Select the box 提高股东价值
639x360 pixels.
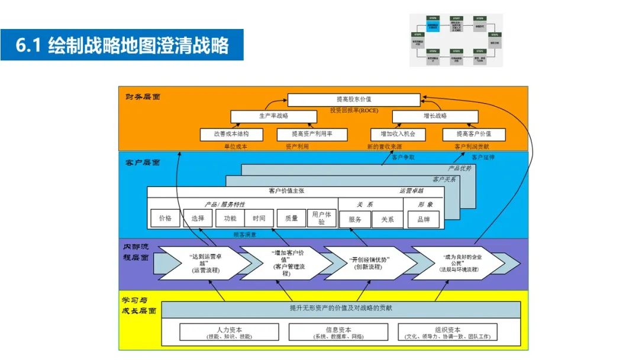tap(354, 99)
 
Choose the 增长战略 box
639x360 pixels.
tap(435, 116)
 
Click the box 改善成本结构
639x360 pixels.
tap(231, 134)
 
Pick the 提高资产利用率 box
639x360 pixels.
tap(312, 134)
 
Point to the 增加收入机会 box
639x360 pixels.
tap(398, 134)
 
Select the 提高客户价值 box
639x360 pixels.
tap(473, 134)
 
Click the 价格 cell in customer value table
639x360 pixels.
tap(165, 218)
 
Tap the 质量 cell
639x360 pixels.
tap(291, 218)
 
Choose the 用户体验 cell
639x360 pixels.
tap(322, 218)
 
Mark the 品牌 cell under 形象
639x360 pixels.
tap(424, 219)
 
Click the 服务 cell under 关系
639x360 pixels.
tap(355, 219)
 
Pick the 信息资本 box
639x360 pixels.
tap(338, 332)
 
